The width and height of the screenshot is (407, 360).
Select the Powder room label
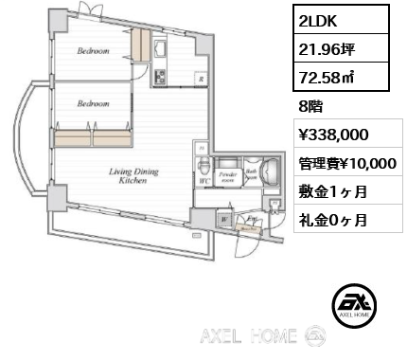(x=227, y=176)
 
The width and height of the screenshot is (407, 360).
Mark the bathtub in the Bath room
(x=269, y=173)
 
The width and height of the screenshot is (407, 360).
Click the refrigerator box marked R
(x=200, y=79)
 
